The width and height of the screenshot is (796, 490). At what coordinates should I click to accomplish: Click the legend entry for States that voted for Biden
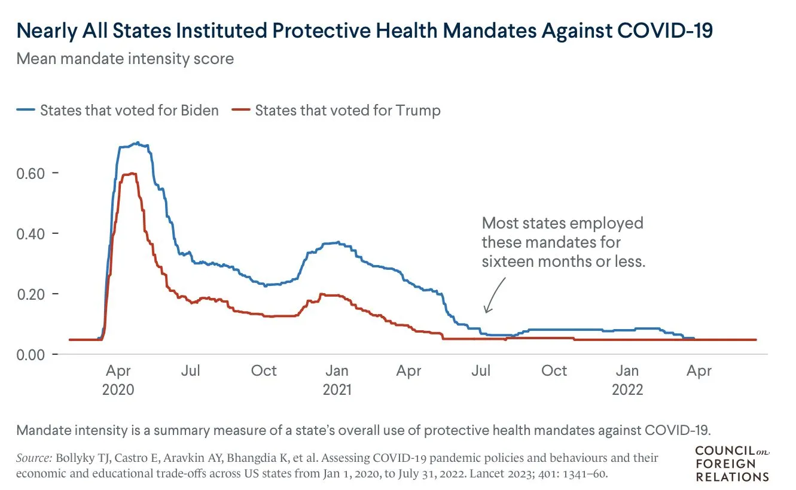coord(129,111)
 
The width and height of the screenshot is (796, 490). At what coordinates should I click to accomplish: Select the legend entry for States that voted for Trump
coord(347,111)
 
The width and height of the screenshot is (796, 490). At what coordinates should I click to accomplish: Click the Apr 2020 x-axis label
coord(118,380)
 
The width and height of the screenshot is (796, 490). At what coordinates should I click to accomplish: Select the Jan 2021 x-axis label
coord(337,380)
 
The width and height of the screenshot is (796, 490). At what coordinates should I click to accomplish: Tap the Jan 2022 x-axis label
coord(627,380)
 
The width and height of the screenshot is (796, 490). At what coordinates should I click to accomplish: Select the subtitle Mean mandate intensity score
coord(125,59)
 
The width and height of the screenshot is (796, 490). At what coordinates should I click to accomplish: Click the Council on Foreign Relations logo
coord(732,464)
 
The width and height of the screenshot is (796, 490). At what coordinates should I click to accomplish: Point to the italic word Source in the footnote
coord(33,458)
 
